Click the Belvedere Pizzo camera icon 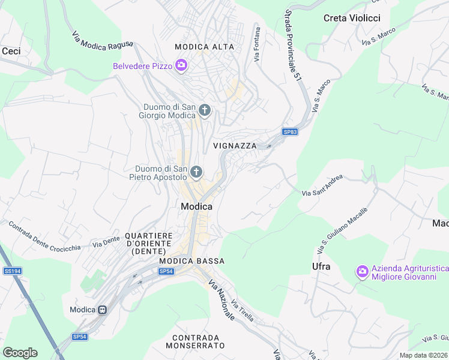point(181,65)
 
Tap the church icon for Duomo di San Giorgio point(205,110)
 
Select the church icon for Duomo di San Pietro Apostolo point(196,173)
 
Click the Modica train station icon point(103,310)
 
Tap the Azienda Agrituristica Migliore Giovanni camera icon point(361,271)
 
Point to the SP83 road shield point(290,132)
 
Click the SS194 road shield point(12,271)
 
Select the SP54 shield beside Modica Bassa point(166,272)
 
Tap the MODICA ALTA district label point(204,47)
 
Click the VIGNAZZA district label point(235,146)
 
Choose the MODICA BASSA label point(192,261)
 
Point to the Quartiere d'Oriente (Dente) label point(149,244)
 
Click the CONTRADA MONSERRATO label point(198,342)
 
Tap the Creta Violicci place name point(352,18)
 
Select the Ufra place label point(321,266)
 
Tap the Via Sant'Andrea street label point(322,185)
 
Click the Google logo point(20,353)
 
